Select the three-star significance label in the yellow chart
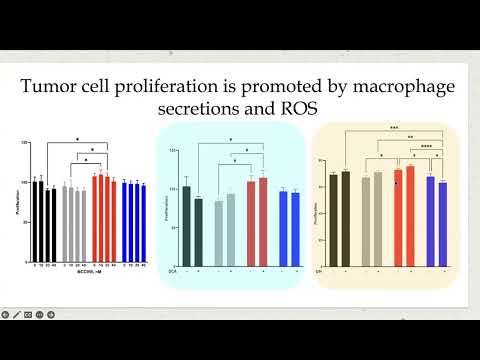tap(394, 129)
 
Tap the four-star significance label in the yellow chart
tap(426, 147)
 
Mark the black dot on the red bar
tap(397, 184)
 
